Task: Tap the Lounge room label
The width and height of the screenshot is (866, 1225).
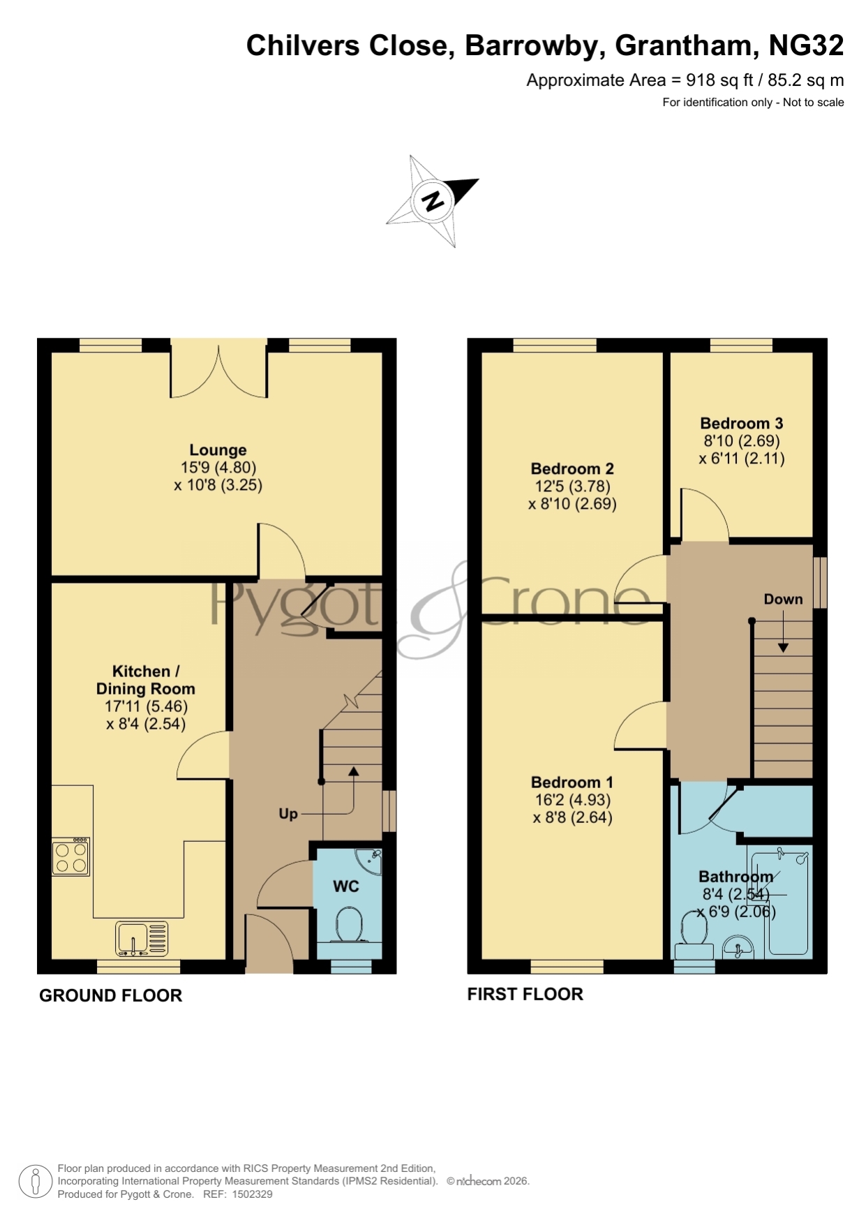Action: click(218, 450)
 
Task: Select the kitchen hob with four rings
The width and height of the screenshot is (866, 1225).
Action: click(70, 856)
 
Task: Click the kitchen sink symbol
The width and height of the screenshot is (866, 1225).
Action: click(142, 938)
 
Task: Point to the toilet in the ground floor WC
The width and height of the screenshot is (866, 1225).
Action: click(349, 926)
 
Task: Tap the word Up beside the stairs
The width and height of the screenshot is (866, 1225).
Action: click(288, 814)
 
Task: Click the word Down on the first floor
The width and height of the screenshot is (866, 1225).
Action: click(783, 599)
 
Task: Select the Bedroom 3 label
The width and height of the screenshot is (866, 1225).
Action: click(742, 423)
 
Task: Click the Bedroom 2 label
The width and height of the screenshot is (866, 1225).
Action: click(572, 468)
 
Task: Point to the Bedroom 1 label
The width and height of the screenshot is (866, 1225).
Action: click(572, 782)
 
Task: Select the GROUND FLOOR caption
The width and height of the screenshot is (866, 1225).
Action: click(110, 995)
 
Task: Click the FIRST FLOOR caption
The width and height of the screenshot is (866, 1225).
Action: click(525, 994)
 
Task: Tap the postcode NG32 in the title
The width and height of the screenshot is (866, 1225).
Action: click(806, 45)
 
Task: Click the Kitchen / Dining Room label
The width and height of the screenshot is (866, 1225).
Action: click(145, 680)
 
